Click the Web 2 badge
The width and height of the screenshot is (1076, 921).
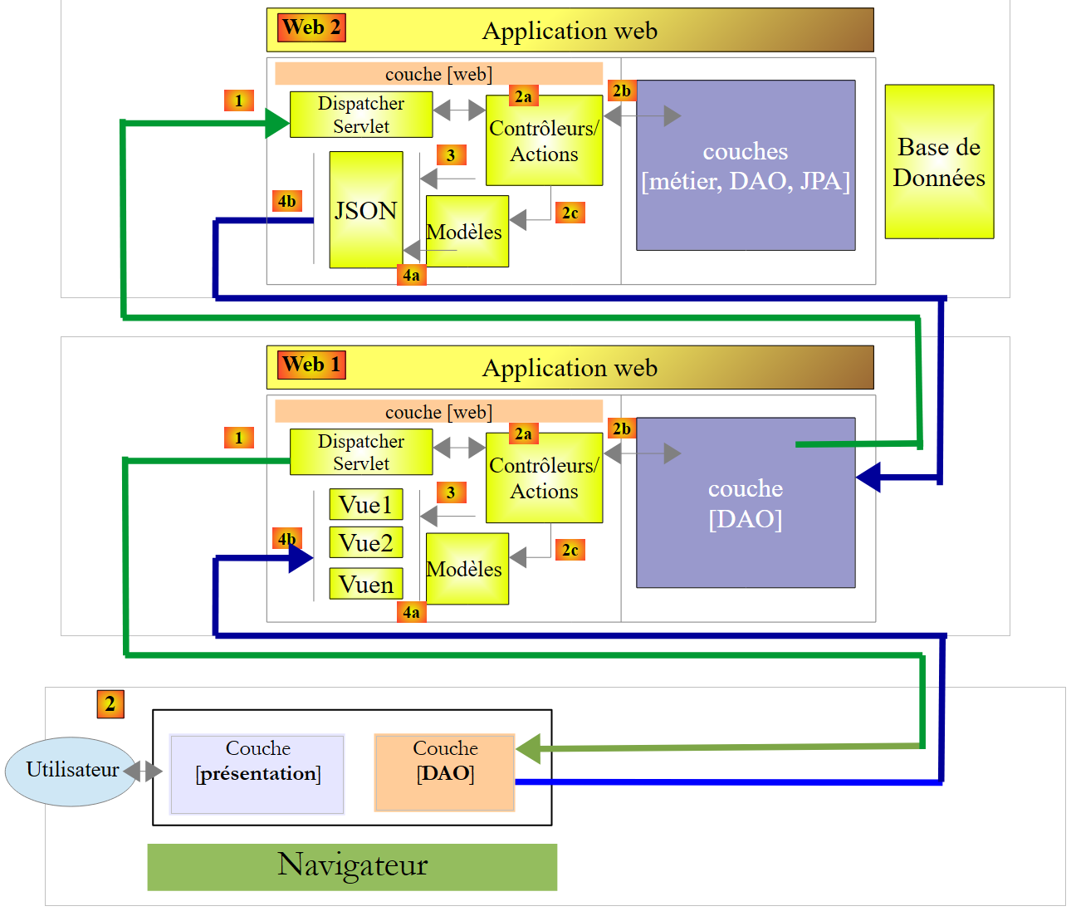tap(311, 27)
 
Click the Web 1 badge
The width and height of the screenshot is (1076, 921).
tap(311, 365)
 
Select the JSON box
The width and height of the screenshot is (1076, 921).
tap(366, 210)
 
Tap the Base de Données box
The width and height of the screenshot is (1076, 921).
tap(939, 162)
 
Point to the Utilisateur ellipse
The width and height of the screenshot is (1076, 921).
tap(71, 771)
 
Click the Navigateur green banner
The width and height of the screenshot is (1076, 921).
tap(352, 866)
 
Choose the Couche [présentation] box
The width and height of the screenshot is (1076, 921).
tap(257, 773)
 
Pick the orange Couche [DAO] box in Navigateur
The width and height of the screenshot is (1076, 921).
tap(445, 772)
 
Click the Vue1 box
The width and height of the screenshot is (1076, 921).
tap(366, 504)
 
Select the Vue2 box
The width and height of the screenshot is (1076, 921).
tap(366, 543)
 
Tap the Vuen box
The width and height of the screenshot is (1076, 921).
tap(366, 584)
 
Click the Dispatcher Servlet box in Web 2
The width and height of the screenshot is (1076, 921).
tap(361, 115)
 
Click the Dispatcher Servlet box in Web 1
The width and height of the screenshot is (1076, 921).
tap(361, 452)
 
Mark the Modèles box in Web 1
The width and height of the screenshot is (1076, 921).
tap(467, 569)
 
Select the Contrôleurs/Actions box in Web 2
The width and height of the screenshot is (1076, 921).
tap(544, 140)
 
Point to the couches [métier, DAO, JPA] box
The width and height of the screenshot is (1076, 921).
tap(746, 165)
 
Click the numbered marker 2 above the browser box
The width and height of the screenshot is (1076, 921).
tap(110, 704)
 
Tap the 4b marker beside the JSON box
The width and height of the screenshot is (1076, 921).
tap(286, 201)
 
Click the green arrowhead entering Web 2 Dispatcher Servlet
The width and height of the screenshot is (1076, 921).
tap(277, 123)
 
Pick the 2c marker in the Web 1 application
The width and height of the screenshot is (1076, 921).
tap(570, 550)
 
